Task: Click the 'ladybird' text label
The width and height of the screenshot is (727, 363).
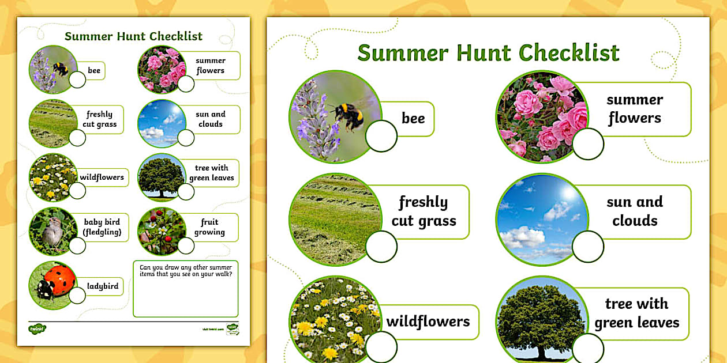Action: [x=103, y=286]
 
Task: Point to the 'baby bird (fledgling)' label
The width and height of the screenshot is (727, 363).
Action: [x=102, y=227]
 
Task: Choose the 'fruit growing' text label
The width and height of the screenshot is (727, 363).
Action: [x=209, y=227]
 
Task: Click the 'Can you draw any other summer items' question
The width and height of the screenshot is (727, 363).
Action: [x=186, y=271]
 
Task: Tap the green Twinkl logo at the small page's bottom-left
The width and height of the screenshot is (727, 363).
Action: [x=37, y=329]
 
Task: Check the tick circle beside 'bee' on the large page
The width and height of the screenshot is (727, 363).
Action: [x=381, y=137]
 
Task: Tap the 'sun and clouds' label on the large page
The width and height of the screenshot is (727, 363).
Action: [x=635, y=211]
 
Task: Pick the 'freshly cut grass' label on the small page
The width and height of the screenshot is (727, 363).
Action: [x=100, y=119]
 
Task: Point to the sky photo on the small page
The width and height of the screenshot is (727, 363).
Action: [x=159, y=123]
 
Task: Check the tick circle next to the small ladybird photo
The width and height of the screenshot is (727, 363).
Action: [x=77, y=296]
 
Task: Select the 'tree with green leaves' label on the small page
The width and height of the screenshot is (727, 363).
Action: [x=211, y=173]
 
